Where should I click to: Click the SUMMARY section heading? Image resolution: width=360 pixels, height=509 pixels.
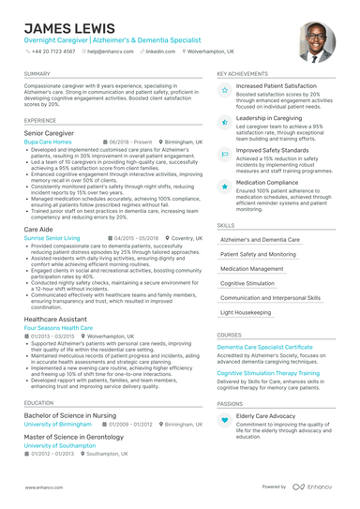[x=37, y=73]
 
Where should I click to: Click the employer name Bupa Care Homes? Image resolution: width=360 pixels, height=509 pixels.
[x=52, y=142]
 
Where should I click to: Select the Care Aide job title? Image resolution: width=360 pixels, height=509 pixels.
[x=38, y=229]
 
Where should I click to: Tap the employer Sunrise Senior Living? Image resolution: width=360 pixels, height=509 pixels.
[x=52, y=238]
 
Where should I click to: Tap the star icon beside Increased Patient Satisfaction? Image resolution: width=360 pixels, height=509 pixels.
[x=225, y=91]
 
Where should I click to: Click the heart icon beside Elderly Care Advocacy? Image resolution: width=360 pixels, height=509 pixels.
[x=225, y=421]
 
